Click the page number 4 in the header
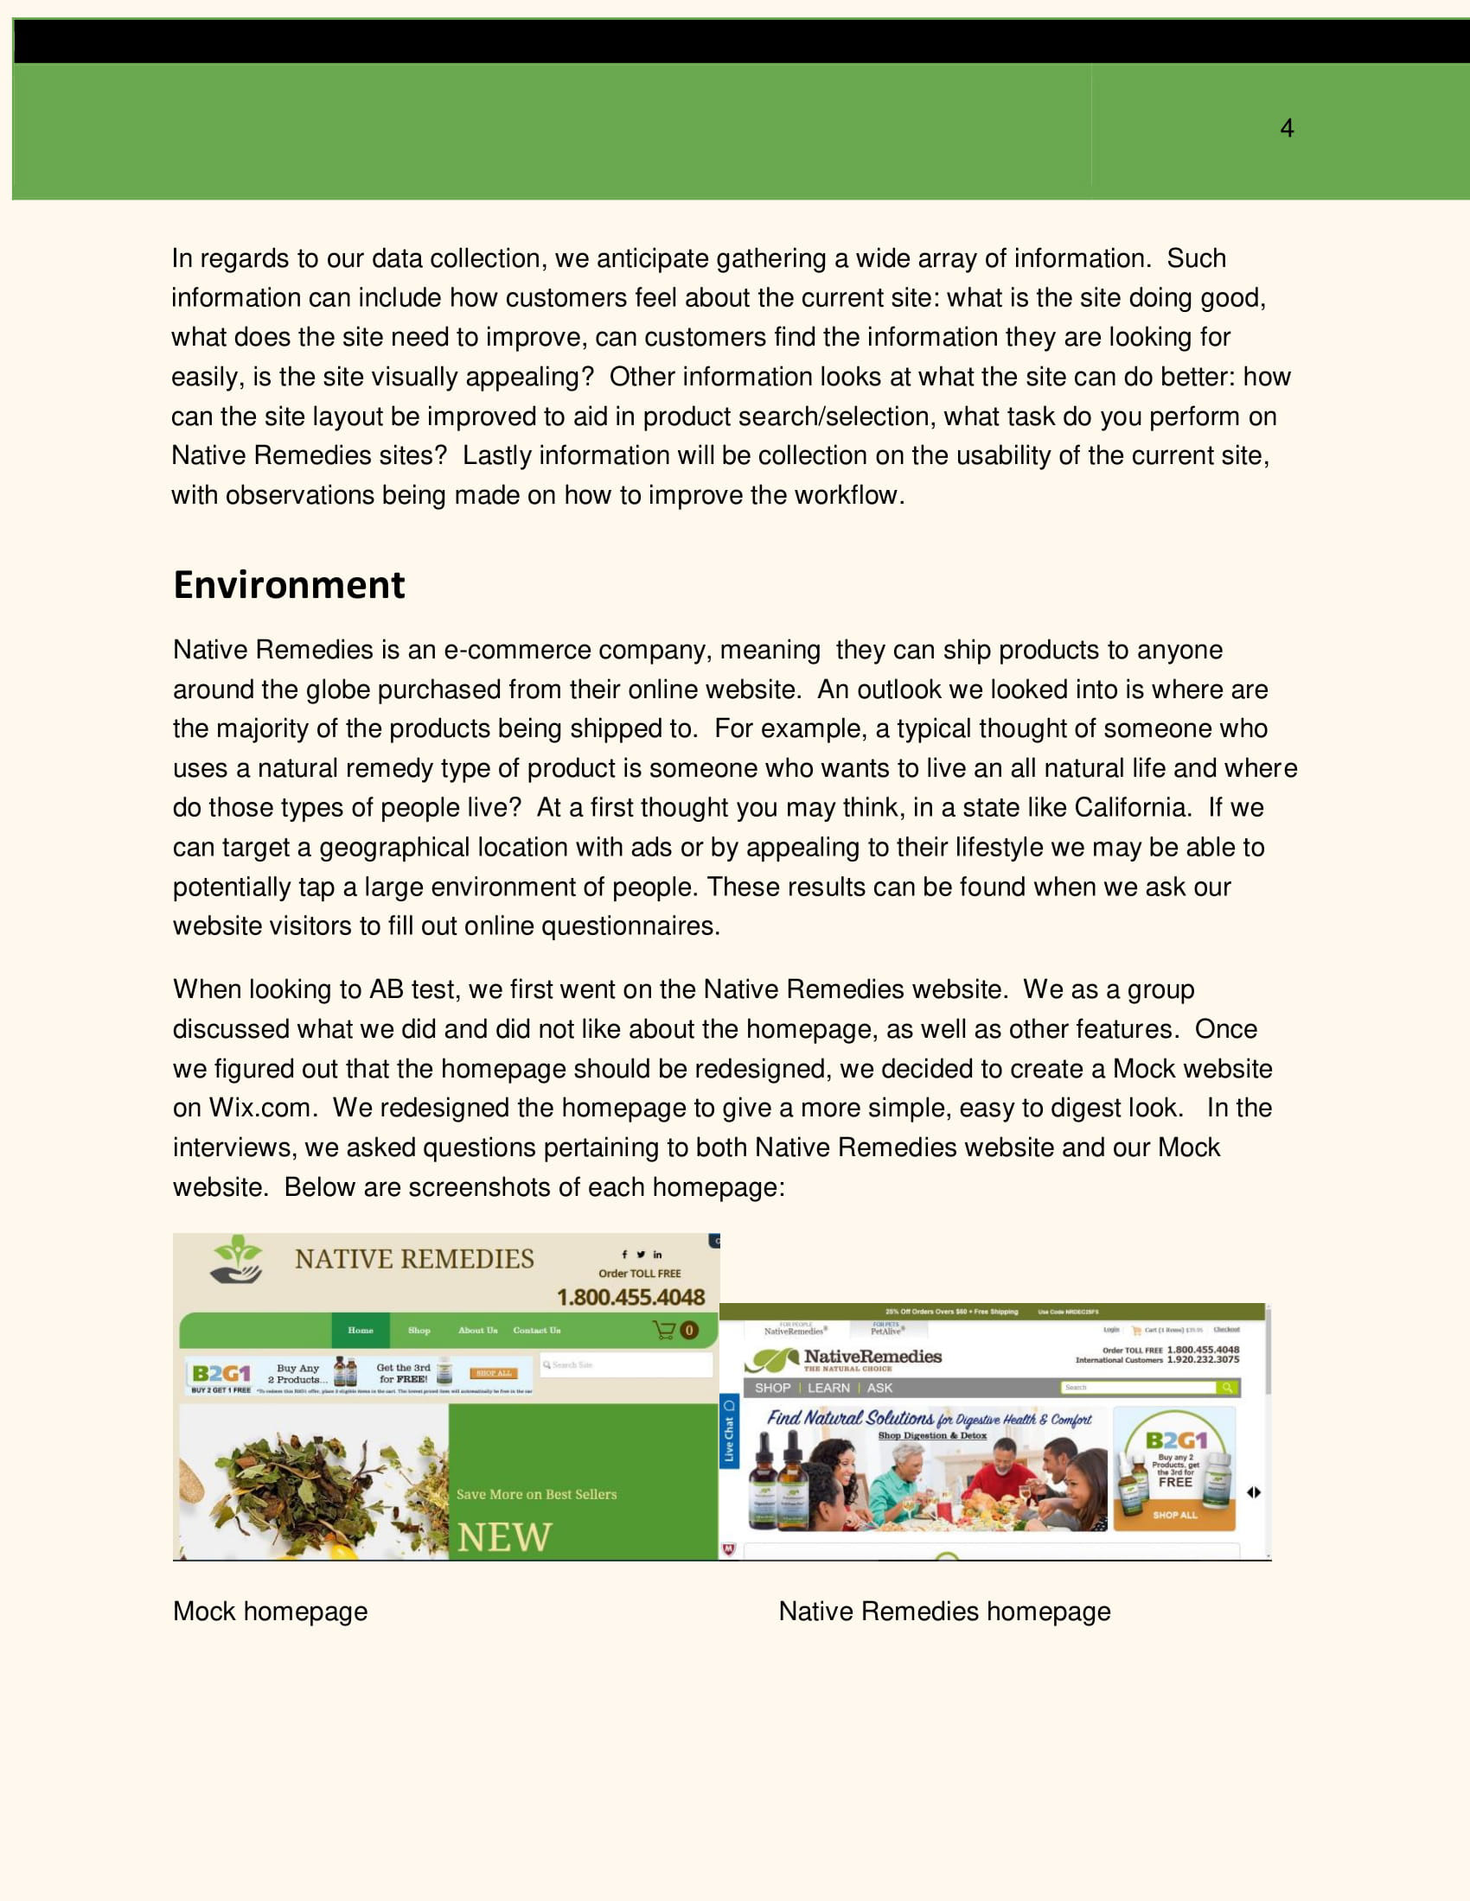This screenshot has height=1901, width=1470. [x=1287, y=129]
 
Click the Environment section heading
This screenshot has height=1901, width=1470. [x=289, y=585]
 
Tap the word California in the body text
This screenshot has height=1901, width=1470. [x=1131, y=808]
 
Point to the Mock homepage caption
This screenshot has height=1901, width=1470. [x=270, y=1612]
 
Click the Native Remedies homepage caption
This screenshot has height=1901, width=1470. [x=944, y=1612]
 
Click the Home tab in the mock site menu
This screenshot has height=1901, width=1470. [x=361, y=1330]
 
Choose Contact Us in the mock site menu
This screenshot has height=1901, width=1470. [x=536, y=1330]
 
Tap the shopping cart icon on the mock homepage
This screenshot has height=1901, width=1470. [x=664, y=1330]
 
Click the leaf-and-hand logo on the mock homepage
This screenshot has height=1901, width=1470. [x=237, y=1260]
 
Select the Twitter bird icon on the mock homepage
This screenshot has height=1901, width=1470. [x=640, y=1255]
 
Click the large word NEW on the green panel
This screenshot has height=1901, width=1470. [x=504, y=1537]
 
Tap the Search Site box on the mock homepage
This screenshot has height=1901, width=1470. [x=625, y=1364]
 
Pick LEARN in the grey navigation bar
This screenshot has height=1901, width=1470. [x=828, y=1388]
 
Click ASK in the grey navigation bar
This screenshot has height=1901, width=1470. [x=879, y=1388]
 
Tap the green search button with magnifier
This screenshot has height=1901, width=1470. [x=1228, y=1388]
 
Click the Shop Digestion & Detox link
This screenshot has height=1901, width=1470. [x=932, y=1435]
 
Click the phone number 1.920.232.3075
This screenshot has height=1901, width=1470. [x=1203, y=1359]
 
